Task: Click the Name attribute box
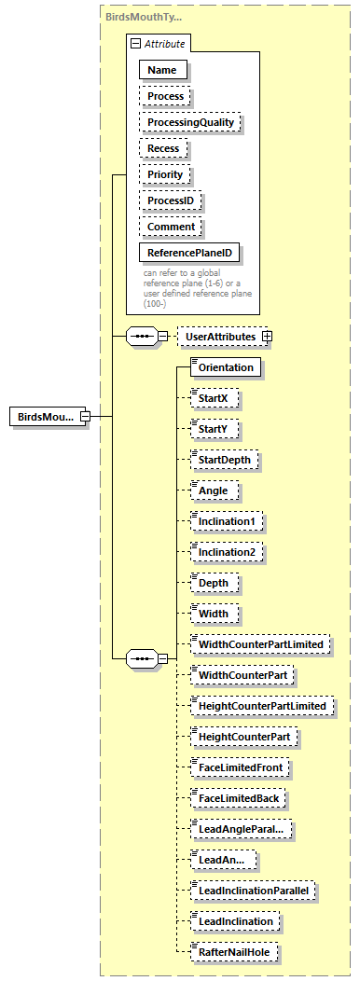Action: click(x=162, y=69)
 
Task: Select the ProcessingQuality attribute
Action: click(x=190, y=122)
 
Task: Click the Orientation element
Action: click(x=225, y=367)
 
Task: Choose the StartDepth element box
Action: click(x=224, y=460)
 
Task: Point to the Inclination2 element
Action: click(x=227, y=552)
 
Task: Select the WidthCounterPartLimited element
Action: click(x=260, y=644)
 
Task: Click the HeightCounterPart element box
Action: click(x=244, y=737)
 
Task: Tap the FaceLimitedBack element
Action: click(x=241, y=798)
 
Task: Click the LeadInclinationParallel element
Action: click(x=254, y=891)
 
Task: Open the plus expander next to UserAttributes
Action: click(x=268, y=336)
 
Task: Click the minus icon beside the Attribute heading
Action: click(x=136, y=43)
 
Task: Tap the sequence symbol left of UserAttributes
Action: click(x=141, y=336)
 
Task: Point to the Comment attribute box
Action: click(x=171, y=227)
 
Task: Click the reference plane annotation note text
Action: click(x=197, y=287)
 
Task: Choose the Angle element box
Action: click(x=213, y=490)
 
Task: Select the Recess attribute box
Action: click(x=163, y=148)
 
